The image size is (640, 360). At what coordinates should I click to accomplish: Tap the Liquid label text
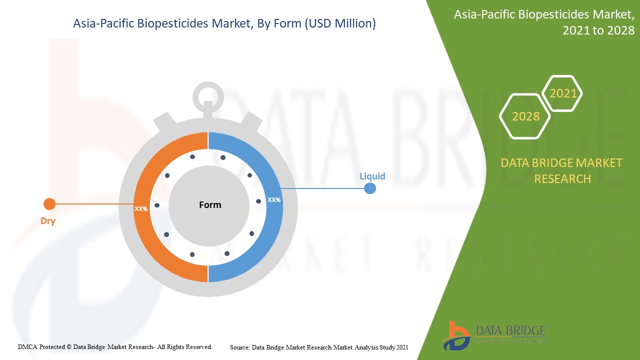372,176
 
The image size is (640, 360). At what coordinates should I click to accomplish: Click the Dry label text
48,221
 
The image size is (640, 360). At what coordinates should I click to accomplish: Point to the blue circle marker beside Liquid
370,188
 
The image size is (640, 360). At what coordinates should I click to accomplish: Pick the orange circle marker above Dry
49,204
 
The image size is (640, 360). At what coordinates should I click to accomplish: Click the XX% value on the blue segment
274,199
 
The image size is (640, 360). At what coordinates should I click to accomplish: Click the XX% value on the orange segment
141,208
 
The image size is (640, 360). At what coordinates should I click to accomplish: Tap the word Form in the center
210,204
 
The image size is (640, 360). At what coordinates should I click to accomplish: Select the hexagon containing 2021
562,93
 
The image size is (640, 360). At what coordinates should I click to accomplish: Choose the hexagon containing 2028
525,116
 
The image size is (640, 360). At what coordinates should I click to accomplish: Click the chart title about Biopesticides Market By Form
224,23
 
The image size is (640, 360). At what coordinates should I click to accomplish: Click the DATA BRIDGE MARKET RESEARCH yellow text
562,170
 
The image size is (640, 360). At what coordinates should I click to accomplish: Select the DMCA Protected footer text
115,346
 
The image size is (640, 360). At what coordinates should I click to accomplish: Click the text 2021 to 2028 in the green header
598,30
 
